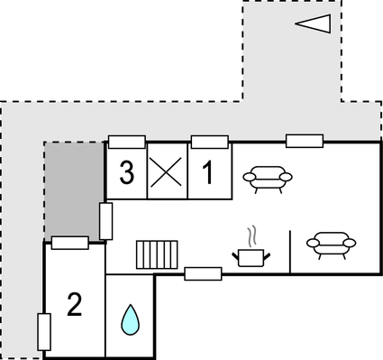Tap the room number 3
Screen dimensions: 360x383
(127, 171)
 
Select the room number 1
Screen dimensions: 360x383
(208, 171)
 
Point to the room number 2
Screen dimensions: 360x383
(74, 305)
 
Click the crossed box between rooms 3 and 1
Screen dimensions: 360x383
(167, 171)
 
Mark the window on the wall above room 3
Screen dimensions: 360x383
(127, 141)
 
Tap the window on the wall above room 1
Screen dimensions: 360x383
(209, 141)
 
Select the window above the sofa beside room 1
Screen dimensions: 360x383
(305, 140)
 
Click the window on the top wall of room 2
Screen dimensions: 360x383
(70, 242)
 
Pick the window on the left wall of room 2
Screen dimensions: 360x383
(43, 331)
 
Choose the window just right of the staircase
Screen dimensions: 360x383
(203, 273)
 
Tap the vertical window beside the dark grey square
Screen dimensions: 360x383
(105, 221)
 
